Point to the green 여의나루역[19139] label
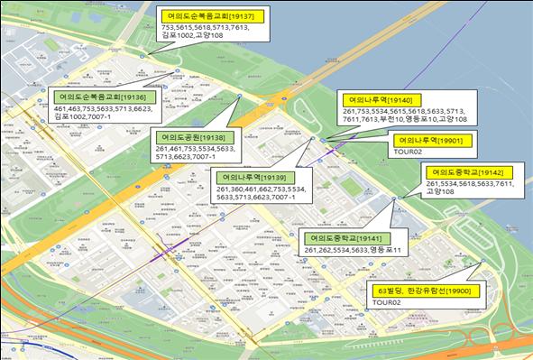[256, 178]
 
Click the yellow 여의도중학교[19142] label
[473, 171]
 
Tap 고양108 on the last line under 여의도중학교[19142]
[442, 191]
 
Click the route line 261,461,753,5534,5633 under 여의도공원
[195, 149]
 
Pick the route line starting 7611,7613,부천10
[405, 120]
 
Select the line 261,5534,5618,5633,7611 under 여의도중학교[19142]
[470, 183]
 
